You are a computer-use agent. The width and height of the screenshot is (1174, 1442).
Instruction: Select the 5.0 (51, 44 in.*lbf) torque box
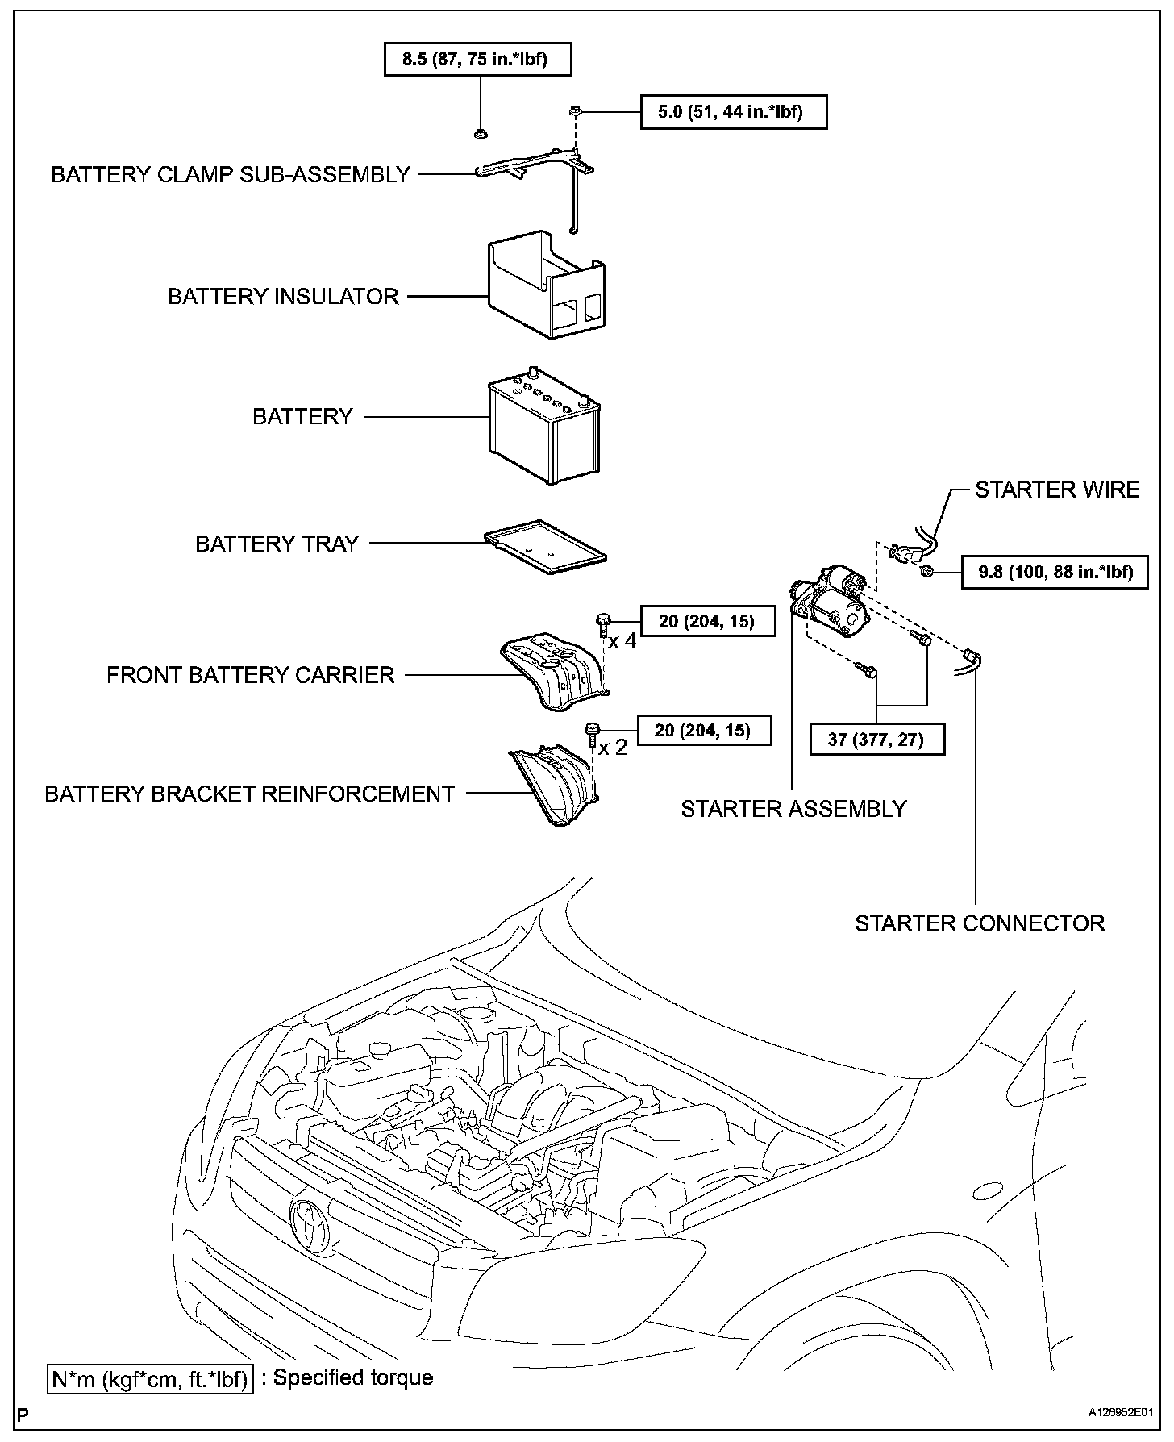[x=733, y=112]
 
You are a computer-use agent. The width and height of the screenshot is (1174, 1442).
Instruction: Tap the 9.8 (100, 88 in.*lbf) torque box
[x=1055, y=573]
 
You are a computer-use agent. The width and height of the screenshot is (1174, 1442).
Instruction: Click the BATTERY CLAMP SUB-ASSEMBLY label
[x=231, y=174]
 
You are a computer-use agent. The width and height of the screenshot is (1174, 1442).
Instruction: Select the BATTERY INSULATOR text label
[x=283, y=296]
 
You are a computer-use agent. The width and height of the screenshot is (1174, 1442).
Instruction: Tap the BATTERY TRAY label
[x=277, y=544]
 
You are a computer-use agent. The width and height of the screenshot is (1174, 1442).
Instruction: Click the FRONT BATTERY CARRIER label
[x=250, y=674]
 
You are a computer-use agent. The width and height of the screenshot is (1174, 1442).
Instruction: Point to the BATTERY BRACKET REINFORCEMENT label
[x=250, y=794]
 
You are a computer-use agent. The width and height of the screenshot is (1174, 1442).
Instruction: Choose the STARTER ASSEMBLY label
[x=793, y=808]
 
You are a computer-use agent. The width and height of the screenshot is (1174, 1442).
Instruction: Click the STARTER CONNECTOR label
[x=980, y=923]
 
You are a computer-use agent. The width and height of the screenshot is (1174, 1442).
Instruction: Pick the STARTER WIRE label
[x=1057, y=490]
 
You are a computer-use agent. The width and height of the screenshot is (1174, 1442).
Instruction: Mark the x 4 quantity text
[x=622, y=642]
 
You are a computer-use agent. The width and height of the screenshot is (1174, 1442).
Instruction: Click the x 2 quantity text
[x=612, y=748]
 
